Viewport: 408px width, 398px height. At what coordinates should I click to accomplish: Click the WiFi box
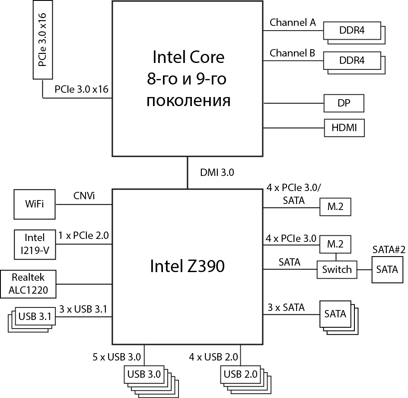click(35, 204)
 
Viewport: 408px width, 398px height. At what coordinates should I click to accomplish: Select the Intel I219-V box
click(35, 244)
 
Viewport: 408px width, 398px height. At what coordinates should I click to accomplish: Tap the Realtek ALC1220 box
click(29, 284)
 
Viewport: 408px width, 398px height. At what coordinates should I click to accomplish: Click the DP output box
click(344, 103)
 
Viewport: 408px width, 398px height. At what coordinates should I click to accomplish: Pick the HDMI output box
click(344, 128)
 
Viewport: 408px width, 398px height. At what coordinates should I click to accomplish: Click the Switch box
click(337, 270)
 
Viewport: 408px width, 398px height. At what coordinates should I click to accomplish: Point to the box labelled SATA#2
click(387, 270)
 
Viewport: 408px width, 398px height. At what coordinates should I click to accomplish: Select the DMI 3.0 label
click(217, 173)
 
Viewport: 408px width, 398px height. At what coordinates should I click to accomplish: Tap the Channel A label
click(293, 23)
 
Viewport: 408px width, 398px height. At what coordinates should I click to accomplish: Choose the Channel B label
click(293, 53)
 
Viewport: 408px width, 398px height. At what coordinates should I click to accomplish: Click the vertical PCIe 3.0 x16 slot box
click(42, 40)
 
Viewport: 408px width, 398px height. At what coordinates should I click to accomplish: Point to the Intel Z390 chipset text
click(187, 266)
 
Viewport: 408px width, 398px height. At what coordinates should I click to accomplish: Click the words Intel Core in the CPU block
click(188, 57)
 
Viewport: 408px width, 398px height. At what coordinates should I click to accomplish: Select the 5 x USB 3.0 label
click(117, 357)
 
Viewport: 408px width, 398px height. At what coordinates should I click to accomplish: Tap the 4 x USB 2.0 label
click(213, 357)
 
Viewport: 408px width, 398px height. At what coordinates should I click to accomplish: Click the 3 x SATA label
click(286, 308)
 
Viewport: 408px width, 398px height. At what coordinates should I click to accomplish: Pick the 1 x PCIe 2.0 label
click(83, 236)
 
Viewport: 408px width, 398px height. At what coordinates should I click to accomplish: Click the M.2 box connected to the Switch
click(335, 244)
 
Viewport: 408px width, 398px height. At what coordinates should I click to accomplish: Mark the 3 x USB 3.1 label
click(83, 309)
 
